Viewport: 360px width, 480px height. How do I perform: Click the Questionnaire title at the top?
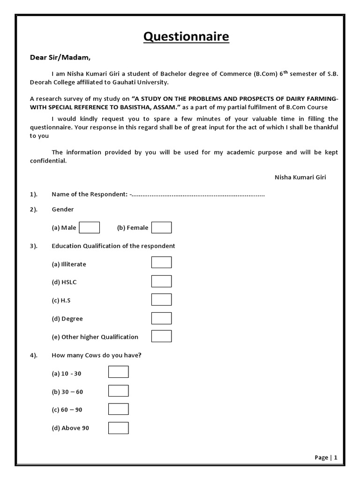(186, 37)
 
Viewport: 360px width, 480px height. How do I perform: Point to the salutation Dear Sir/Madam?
(60, 58)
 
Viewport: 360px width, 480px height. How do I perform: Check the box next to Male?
(90, 228)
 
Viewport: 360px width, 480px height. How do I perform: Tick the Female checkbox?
(161, 228)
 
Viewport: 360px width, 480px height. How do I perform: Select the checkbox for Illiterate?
(161, 262)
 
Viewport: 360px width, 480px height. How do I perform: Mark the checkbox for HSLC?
(161, 281)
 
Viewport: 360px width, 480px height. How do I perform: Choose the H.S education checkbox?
(161, 300)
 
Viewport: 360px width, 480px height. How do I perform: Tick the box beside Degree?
(161, 318)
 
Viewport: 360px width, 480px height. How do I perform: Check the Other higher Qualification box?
(161, 336)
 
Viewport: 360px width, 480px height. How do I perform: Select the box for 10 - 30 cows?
(118, 372)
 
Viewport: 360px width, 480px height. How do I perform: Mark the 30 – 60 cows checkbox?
(118, 391)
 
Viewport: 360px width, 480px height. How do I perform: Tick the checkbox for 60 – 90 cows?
(118, 409)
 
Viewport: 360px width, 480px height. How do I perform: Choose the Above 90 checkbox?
(118, 427)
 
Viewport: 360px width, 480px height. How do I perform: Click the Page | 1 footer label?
(326, 457)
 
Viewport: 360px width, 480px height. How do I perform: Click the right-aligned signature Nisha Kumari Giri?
(300, 177)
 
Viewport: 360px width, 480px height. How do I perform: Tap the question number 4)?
(34, 355)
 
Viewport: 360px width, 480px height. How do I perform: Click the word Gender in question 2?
(63, 210)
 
